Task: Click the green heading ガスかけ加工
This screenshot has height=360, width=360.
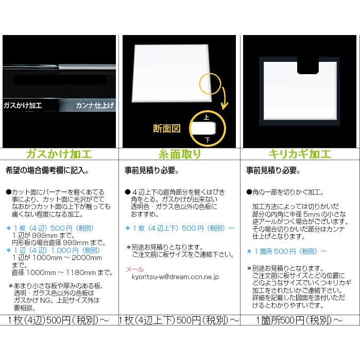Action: point(59,154)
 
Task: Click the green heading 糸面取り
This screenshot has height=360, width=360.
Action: point(180,154)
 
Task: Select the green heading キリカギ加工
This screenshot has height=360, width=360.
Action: point(300,154)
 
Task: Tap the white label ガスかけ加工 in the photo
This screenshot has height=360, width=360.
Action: point(23,105)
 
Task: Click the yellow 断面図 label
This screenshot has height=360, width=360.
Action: point(167,128)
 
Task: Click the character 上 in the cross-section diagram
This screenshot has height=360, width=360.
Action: point(207,118)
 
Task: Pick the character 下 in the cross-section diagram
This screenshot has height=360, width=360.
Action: point(207,139)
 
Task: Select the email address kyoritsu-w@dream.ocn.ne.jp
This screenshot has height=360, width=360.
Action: point(175,277)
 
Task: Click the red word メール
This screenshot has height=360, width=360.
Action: point(135,269)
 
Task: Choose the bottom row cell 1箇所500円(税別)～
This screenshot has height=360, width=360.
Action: point(300,320)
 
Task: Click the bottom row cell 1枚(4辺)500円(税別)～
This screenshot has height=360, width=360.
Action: point(59,320)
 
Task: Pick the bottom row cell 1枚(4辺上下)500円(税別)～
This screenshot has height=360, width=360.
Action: point(180,320)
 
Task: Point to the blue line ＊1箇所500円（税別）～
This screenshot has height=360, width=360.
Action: point(286,251)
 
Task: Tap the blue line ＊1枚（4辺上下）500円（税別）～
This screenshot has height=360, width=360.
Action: point(180,228)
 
